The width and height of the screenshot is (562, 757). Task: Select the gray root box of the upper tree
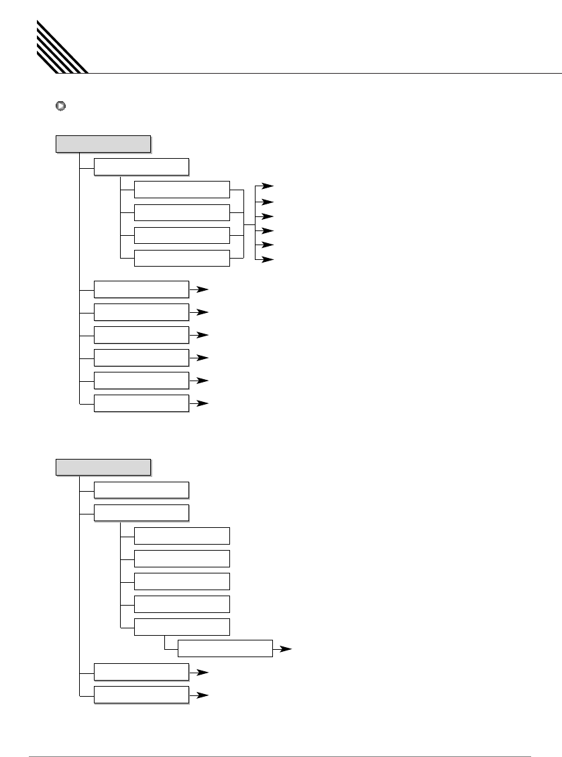[103, 143]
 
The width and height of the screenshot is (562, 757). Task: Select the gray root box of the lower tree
[103, 467]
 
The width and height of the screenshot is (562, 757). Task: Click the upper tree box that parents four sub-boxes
[142, 167]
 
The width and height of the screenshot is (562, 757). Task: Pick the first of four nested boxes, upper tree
[182, 190]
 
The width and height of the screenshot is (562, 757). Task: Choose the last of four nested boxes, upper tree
[182, 258]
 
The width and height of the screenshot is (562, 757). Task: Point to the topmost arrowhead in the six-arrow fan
[268, 187]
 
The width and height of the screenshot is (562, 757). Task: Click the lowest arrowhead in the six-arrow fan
[268, 259]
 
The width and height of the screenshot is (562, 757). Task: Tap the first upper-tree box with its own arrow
[142, 289]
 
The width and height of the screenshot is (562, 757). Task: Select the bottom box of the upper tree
[142, 403]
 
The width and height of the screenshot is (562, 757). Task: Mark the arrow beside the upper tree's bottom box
[203, 403]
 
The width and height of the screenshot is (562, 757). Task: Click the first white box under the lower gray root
[142, 490]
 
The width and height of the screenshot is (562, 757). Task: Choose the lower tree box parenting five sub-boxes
[142, 513]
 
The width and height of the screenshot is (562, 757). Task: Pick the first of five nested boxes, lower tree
[182, 536]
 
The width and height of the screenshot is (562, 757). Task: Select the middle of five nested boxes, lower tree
[182, 581]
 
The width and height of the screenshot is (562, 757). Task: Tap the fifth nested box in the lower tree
[182, 627]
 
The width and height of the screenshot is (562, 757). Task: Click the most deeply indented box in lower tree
[225, 648]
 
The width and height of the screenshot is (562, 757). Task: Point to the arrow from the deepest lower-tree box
[286, 649]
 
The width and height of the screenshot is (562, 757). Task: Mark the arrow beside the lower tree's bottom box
[203, 695]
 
